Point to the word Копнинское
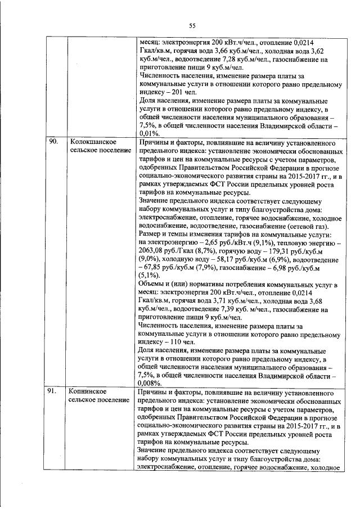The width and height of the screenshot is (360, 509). click(88, 390)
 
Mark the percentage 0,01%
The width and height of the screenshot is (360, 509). click(148, 134)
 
